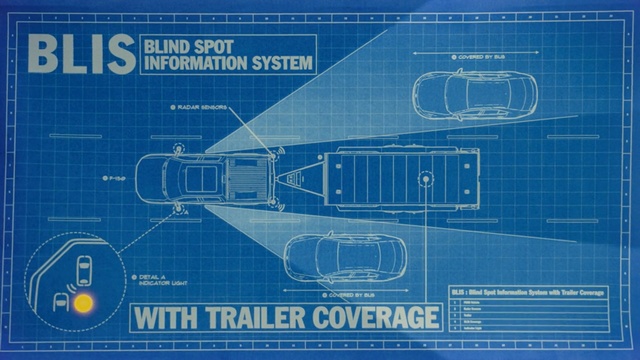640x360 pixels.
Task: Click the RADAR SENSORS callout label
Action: [x=199, y=107]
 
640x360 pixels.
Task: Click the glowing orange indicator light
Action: [x=84, y=300]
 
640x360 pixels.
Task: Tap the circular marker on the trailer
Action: [x=427, y=181]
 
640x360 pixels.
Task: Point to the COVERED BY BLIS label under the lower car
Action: [x=349, y=297]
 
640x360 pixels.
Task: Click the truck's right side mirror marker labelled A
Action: [x=180, y=209]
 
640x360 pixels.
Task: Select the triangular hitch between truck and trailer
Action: [x=298, y=181]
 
